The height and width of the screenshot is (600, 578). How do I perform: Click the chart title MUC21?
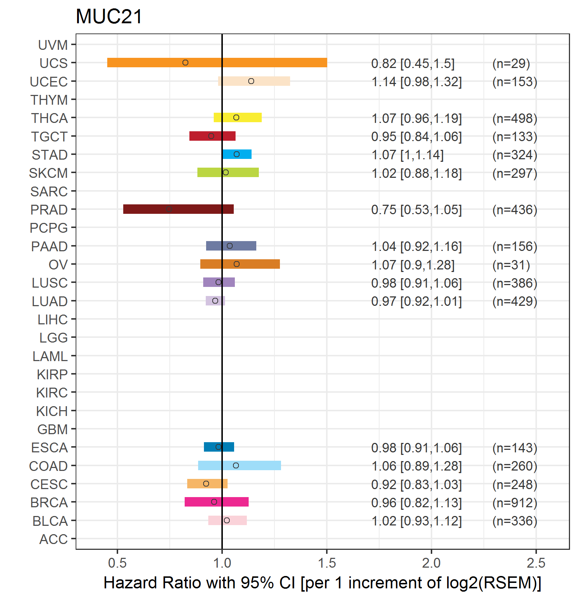[109, 17]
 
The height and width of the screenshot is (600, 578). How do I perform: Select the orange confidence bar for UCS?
[217, 63]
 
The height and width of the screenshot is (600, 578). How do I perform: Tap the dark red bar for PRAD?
[178, 209]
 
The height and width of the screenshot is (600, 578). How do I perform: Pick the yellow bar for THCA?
[238, 117]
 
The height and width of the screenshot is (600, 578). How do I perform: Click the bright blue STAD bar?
[237, 154]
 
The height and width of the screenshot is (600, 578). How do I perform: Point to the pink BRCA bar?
[217, 502]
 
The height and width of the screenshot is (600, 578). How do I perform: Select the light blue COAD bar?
[240, 465]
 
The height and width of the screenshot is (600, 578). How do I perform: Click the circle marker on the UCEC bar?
[251, 81]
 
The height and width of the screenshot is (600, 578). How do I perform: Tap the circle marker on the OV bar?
[237, 264]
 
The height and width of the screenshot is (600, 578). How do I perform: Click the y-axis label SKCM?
[48, 173]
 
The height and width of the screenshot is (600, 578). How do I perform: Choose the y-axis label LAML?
[50, 356]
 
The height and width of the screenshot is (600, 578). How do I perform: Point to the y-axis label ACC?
[53, 539]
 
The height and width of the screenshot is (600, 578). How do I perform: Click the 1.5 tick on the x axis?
[327, 563]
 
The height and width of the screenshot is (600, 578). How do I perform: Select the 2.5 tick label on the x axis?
[536, 563]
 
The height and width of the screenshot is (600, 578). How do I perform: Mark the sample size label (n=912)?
[515, 503]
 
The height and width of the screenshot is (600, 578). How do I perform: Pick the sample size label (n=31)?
[511, 265]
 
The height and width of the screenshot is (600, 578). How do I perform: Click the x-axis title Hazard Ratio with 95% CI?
[199, 583]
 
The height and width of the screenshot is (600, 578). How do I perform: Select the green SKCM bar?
[228, 172]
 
